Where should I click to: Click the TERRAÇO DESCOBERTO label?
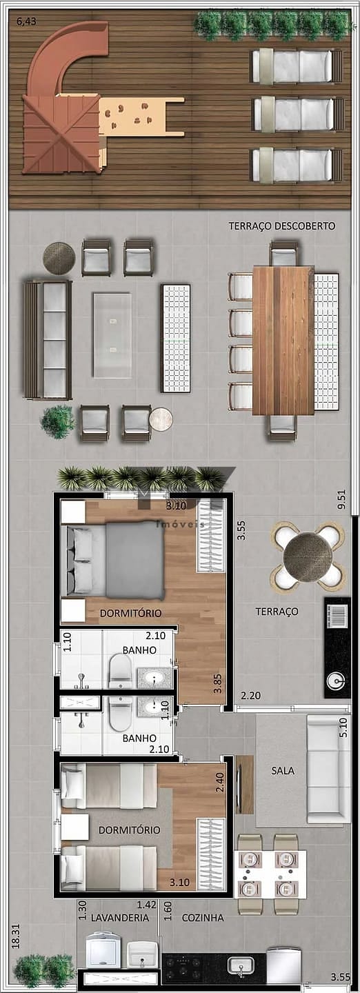(281, 226)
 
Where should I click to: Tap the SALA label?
(283, 771)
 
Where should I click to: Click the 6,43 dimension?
(26, 21)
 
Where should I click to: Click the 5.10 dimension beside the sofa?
(344, 727)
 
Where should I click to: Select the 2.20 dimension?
(250, 696)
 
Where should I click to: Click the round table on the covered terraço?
(308, 557)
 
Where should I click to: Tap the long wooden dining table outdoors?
(283, 341)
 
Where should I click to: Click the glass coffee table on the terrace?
(112, 335)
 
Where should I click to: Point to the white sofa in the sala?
(328, 769)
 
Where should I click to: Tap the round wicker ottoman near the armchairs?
(59, 259)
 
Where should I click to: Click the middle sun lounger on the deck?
(298, 114)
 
